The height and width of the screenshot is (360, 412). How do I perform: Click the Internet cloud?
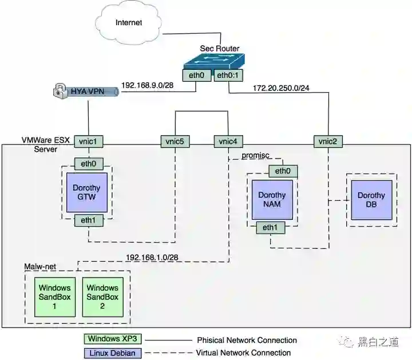pos(128,23)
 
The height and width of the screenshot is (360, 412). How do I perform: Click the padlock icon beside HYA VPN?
pos(60,90)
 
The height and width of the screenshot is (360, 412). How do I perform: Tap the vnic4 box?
pos(228,140)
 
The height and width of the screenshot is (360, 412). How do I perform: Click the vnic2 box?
pos(328,140)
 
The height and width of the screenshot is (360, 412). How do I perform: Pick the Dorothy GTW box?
pos(86,192)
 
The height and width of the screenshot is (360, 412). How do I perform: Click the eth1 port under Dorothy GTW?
pos(88,219)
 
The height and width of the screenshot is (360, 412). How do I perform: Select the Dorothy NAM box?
pos(272,200)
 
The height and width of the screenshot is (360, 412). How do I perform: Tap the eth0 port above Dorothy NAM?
pos(283,171)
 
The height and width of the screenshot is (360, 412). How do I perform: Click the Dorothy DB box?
pos(371,200)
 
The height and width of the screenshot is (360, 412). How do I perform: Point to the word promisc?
pos(255,156)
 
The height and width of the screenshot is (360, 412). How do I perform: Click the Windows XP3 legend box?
pos(113,340)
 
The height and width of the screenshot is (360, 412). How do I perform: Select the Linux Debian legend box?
pos(113,353)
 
